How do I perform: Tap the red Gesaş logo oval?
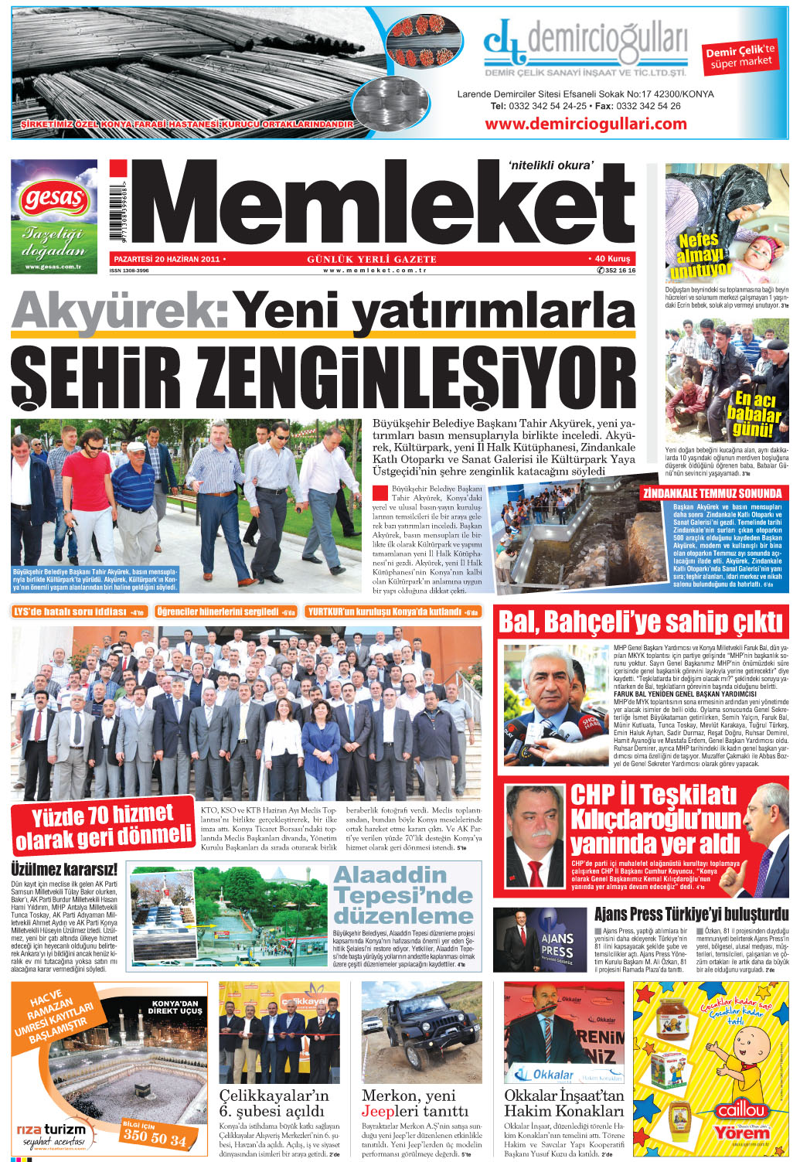click(54, 199)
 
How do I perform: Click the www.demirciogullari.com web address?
click(585, 124)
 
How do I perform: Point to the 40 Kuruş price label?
click(612, 259)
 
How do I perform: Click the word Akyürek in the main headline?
click(119, 311)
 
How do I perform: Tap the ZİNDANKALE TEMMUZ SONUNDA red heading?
click(711, 493)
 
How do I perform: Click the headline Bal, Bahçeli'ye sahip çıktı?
click(641, 622)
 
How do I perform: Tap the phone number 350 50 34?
click(155, 1137)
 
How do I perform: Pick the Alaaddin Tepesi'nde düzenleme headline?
click(403, 895)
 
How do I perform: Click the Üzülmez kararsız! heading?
click(64, 869)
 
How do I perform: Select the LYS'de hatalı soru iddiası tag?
click(79, 612)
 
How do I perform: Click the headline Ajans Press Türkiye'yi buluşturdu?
click(691, 915)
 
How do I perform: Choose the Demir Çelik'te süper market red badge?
click(740, 56)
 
